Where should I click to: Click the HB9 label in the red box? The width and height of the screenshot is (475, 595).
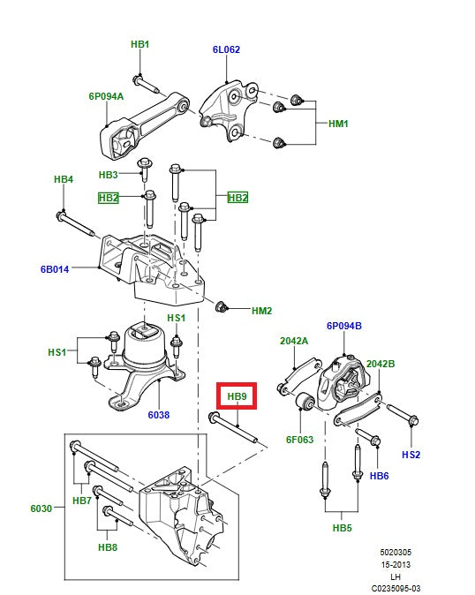coord(237,396)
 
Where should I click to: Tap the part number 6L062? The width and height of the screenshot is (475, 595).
coord(225,50)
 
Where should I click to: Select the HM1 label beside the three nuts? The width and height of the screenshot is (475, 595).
coord(338,124)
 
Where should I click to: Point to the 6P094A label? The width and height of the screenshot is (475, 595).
coord(105,96)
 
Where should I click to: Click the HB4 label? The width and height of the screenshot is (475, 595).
coord(63,179)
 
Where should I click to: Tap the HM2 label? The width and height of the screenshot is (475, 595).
coord(261,311)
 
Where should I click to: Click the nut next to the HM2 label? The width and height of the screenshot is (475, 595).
coord(222,307)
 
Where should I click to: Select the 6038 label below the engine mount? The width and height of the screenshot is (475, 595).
coord(158,414)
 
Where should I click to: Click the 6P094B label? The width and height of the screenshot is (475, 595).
coord(343,326)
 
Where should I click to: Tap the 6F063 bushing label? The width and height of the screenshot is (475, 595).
coord(299,439)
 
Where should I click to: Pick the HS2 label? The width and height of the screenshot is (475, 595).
coord(411,455)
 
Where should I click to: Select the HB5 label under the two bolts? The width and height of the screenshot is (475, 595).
coord(342,529)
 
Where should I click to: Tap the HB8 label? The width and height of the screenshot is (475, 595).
coord(107,548)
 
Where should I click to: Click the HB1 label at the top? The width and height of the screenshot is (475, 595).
coord(139,44)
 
